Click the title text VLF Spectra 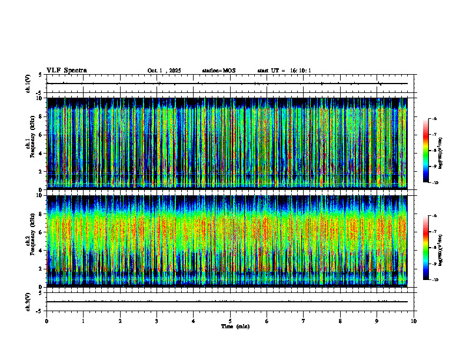pos(66,71)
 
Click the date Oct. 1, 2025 pos(164,71)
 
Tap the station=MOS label pos(218,71)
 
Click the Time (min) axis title pos(235,326)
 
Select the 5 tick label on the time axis pos(230,321)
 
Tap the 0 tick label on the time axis pos(46,321)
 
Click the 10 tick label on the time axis pos(414,321)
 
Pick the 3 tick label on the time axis pos(157,321)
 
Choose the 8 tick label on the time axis pos(340,321)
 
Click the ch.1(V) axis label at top pos(28,84)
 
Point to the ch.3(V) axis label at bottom pos(28,302)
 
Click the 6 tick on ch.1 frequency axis pos(40,134)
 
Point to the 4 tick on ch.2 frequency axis pos(40,249)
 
